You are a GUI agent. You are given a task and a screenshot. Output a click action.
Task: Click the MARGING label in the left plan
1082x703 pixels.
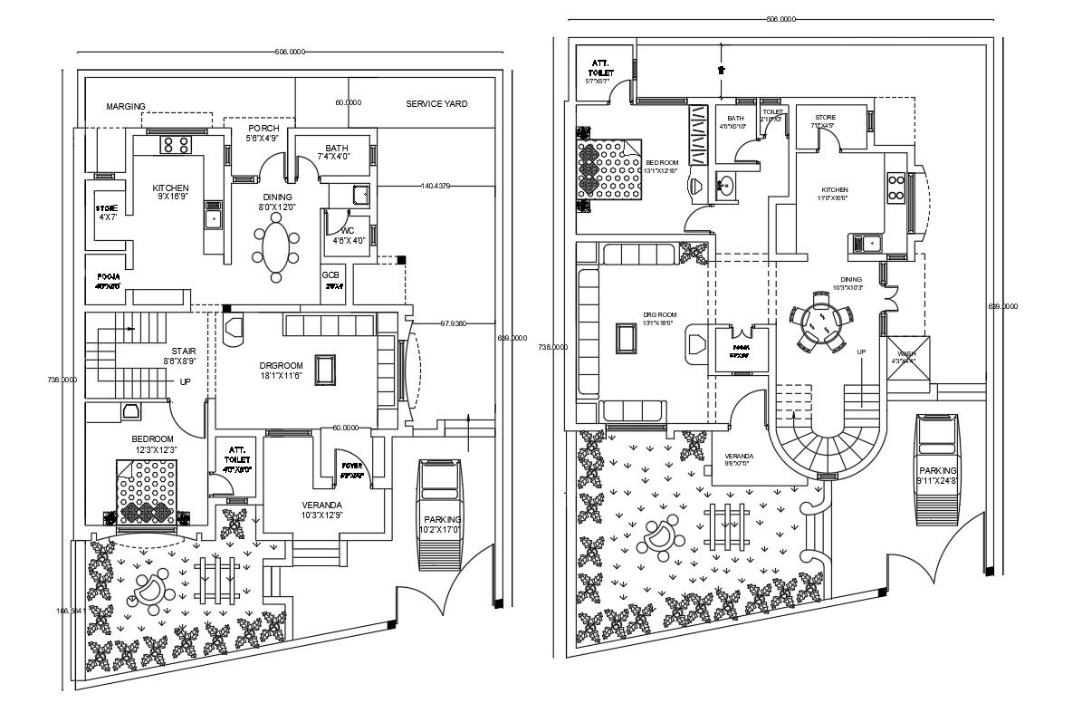125,106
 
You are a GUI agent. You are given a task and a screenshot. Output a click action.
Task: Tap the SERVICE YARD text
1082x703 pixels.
436,104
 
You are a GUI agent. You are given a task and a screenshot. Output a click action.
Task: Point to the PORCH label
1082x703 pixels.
263,129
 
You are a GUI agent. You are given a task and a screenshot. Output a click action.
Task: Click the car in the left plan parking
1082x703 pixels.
440,514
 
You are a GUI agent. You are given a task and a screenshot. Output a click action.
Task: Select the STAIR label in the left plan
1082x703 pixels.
184,351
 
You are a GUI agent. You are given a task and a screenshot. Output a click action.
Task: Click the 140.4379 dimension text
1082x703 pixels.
436,186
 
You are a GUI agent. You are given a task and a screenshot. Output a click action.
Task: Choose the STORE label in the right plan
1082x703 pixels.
824,118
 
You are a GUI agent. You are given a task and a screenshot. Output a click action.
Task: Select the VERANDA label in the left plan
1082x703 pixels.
321,505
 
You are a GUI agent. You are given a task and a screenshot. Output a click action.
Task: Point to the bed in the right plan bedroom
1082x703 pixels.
609,169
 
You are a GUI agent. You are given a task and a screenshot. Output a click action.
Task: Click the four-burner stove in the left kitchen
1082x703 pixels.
174,144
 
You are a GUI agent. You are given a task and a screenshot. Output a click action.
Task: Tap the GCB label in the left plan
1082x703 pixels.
330,274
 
